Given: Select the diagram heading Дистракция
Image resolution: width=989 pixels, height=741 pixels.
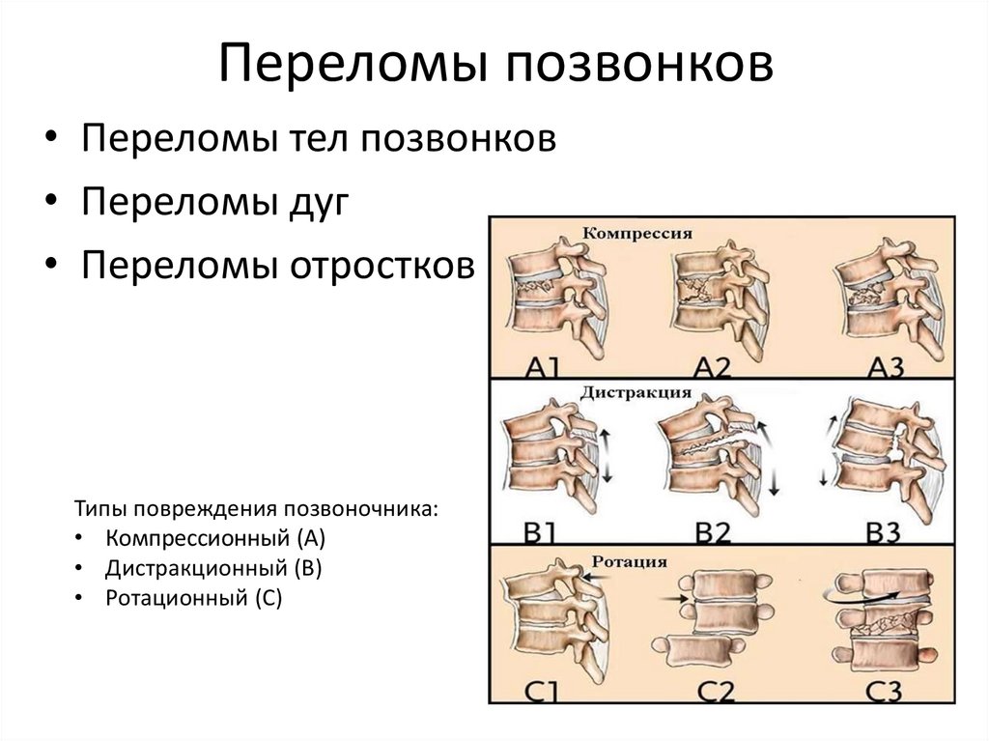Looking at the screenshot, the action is click(636, 392).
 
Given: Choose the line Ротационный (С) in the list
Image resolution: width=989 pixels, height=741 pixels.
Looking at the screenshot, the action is click(194, 598).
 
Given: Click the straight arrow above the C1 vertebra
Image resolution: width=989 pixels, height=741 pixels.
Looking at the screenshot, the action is click(594, 576).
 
